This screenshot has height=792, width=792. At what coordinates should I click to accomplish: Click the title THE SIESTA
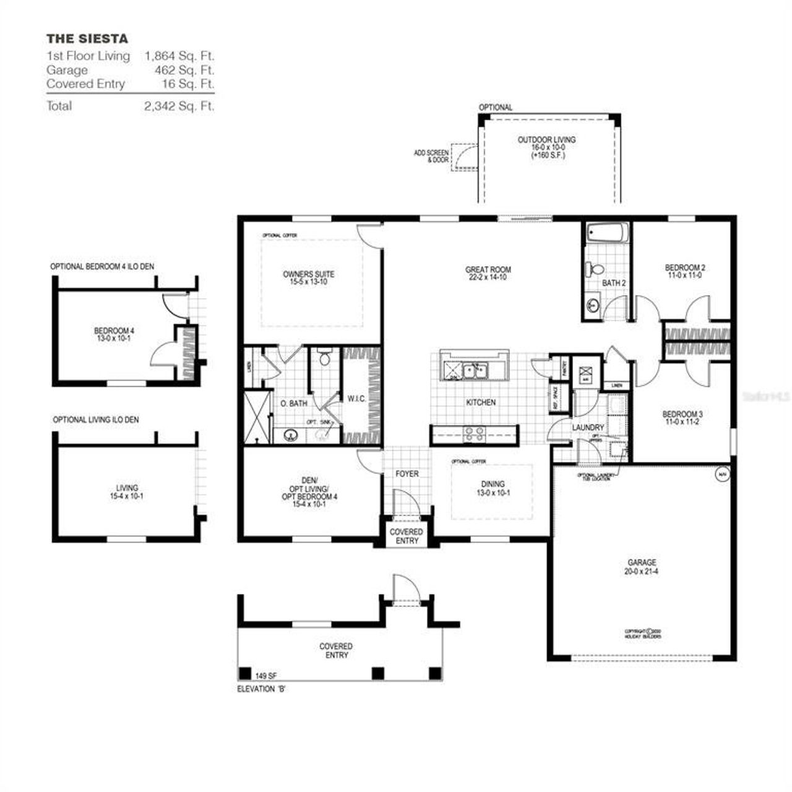pos(87,38)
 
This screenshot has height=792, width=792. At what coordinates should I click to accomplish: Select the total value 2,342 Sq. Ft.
pos(179,106)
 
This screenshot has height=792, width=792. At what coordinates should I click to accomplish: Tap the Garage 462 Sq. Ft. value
pos(184,70)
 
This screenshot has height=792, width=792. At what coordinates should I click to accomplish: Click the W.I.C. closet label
pos(356,399)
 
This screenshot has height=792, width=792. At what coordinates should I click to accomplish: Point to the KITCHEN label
pos(481,402)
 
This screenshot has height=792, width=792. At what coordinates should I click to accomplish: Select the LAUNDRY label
pos(588,428)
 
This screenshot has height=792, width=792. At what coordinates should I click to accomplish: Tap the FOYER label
pos(407,474)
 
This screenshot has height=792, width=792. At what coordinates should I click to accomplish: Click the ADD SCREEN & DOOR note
pos(431,156)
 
